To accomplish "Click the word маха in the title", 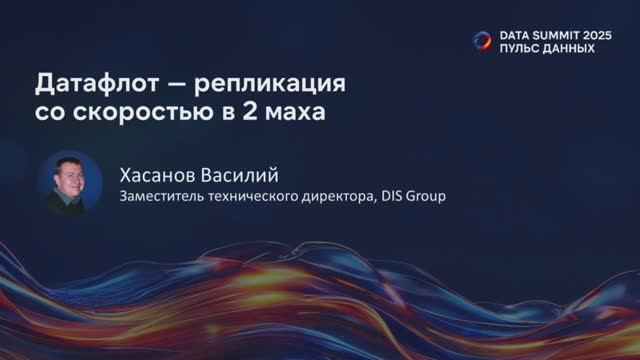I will point(295,112).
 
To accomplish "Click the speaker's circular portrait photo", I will point(70,184).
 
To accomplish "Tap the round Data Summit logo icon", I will point(483,41).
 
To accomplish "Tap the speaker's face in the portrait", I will point(71,177).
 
